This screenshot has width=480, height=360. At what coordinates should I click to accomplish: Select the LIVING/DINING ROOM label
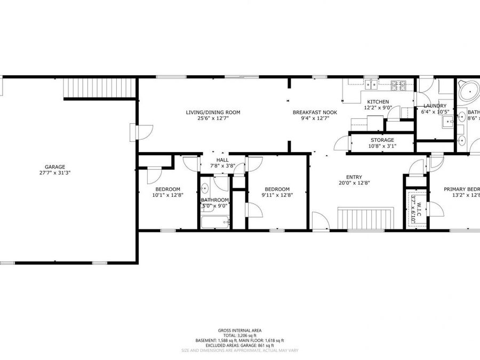coord(213,113)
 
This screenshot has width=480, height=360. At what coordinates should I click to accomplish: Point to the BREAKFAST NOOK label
coord(315,113)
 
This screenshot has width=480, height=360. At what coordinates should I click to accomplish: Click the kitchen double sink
coord(371,84)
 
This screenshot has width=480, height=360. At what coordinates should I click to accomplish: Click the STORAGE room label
coord(382,140)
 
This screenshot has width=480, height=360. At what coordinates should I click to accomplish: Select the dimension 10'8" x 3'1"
coord(382,146)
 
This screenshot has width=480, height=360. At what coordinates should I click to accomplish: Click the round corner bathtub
coord(468,91)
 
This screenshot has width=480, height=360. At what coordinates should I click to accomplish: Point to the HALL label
coord(222,160)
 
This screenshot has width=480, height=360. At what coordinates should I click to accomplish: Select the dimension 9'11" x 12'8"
coord(277,195)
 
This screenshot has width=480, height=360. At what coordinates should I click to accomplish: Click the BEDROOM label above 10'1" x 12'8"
coord(167,189)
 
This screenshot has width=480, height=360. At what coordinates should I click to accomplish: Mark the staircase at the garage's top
coord(98,88)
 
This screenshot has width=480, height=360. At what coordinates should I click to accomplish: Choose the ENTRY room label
coord(354,178)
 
